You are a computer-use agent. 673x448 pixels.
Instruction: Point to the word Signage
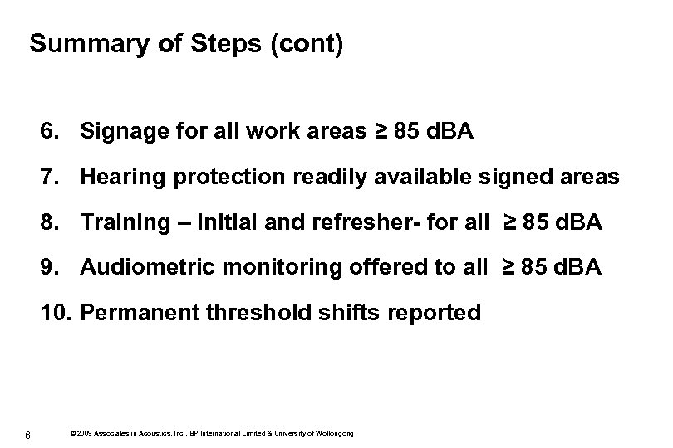(124, 132)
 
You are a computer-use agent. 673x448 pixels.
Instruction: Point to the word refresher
(367, 222)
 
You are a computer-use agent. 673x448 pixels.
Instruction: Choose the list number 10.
(52, 314)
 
